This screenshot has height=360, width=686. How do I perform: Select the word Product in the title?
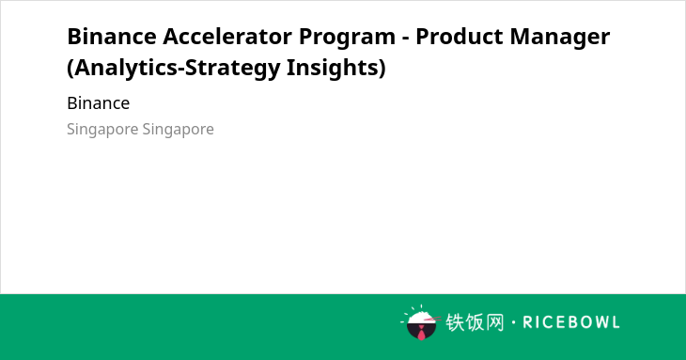[460, 37]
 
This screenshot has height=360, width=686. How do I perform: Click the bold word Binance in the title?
[112, 37]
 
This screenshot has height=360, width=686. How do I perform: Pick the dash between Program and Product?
[406, 39]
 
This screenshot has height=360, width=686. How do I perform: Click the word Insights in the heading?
[336, 69]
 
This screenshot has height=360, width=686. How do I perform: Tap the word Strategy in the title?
[232, 69]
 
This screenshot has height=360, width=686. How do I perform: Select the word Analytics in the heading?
[126, 69]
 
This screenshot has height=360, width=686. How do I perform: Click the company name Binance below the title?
[99, 103]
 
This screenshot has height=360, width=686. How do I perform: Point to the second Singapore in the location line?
[179, 130]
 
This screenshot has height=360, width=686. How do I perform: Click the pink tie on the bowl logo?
[421, 333]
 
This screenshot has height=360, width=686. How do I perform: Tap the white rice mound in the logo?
[420, 318]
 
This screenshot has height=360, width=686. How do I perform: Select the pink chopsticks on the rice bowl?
[432, 320]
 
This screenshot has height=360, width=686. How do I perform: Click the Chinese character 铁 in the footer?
[455, 322]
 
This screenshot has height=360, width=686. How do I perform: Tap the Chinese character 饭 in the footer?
[475, 322]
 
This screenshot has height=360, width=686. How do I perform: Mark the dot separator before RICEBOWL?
[514, 322]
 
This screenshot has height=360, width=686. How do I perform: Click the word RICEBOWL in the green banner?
[571, 322]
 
